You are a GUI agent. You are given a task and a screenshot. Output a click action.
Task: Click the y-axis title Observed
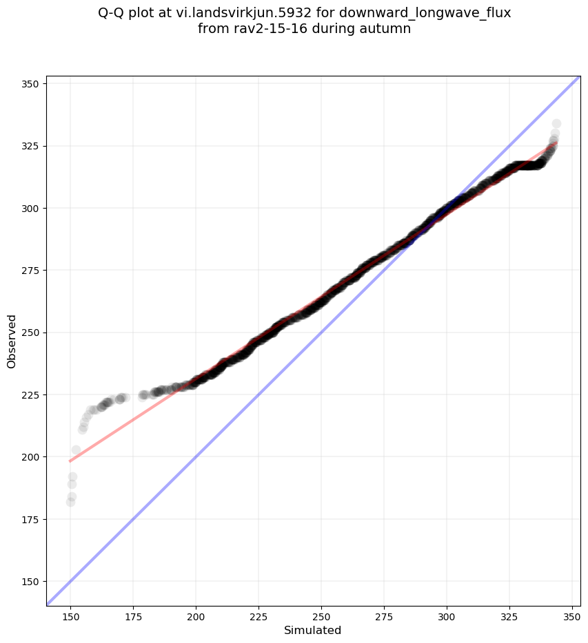tap(12, 341)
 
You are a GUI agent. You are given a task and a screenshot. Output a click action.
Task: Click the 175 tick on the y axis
tap(30, 519)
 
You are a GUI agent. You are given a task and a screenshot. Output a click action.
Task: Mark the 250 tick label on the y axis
tap(30, 333)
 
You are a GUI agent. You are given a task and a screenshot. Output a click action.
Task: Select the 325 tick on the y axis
tap(30, 146)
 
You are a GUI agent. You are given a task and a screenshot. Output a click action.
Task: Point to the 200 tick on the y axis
tap(30, 457)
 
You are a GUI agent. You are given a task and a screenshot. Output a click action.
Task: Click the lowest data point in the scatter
tap(70, 502)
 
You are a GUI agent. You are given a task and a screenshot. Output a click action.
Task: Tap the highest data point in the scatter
tap(556, 124)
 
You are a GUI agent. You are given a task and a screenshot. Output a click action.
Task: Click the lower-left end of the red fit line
tap(70, 461)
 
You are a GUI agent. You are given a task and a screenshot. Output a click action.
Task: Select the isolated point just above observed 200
tap(76, 450)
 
